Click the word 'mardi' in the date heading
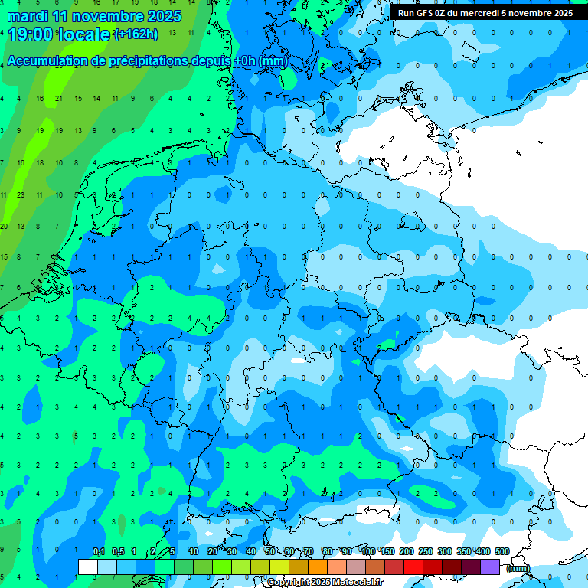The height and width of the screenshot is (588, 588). coord(25,16)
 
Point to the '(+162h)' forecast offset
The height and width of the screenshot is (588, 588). coord(136,34)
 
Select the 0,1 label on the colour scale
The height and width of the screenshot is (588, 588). coord(98,551)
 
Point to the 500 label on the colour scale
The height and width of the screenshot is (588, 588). coord(502,551)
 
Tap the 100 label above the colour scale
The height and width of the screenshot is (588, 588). coord(368,551)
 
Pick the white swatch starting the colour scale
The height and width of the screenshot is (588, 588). coord(88,567)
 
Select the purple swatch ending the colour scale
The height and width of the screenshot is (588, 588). coord(490,567)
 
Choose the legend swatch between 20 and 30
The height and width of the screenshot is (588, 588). coord(222,567)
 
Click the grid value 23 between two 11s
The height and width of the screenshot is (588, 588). coord(21,194)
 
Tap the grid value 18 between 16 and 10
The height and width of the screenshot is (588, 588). coord(40,162)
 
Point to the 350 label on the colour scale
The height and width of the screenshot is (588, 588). coord(464,551)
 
